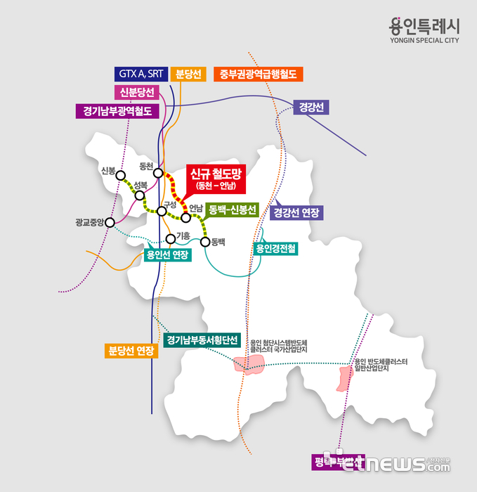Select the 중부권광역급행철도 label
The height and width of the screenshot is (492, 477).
tap(257, 74)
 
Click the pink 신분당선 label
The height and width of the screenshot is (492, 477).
tap(137, 93)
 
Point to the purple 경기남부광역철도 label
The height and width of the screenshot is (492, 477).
tap(117, 111)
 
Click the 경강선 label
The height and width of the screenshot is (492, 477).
tap(311, 108)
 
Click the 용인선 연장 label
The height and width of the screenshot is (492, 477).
tap(166, 254)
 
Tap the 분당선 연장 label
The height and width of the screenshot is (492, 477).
tap(131, 350)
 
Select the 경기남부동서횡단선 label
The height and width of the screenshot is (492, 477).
tap(202, 341)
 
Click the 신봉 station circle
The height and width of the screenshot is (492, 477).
tap(120, 176)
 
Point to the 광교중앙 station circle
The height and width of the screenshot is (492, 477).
tap(110, 223)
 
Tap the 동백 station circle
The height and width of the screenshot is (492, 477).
tap(205, 242)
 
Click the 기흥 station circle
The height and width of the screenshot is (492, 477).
tap(170, 239)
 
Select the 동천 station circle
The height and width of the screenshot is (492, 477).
tap(159, 173)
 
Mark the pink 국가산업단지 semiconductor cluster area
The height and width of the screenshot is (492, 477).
tap(249, 363)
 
